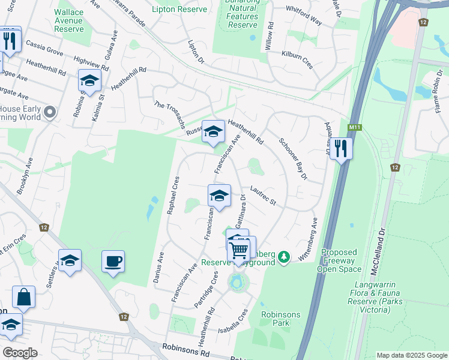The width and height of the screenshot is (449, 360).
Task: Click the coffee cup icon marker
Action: (x=113, y=262)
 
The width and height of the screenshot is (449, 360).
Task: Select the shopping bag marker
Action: (x=23, y=297)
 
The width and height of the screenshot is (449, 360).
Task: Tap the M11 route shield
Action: (x=354, y=128)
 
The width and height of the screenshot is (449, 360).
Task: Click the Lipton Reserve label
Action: (x=179, y=9)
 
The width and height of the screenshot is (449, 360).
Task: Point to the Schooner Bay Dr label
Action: (x=293, y=159)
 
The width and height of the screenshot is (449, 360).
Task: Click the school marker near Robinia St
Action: (x=89, y=81)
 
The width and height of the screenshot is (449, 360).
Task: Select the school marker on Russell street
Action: (x=212, y=131)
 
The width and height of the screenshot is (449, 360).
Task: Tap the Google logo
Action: (x=20, y=352)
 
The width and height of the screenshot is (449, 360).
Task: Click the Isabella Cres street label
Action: (x=234, y=321)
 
